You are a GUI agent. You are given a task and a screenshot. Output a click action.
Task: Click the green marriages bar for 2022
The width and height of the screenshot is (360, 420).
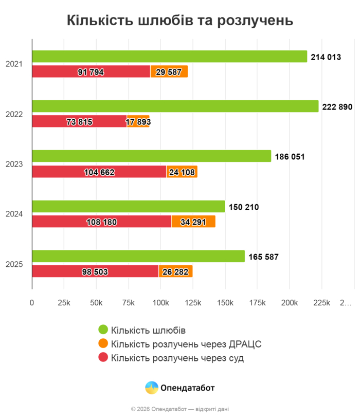click(175, 106)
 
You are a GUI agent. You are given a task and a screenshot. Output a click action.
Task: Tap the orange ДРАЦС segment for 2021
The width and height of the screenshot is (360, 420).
click(169, 72)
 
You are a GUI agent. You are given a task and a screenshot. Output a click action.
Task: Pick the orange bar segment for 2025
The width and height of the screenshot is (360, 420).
click(175, 271)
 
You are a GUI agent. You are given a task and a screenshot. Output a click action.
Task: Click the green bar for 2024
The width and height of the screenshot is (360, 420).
click(129, 207)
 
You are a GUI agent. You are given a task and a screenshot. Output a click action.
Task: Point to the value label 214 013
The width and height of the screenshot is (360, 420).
click(326, 57)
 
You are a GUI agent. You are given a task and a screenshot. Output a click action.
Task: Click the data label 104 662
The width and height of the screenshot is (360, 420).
click(99, 172)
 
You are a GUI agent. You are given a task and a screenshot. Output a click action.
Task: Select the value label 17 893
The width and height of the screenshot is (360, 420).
click(138, 122)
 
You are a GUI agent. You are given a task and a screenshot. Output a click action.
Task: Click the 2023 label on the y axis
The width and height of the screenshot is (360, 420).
click(14, 165)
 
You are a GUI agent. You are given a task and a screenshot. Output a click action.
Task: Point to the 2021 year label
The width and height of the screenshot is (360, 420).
click(14, 64)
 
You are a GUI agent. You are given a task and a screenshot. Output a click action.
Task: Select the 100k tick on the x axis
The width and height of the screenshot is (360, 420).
click(160, 303)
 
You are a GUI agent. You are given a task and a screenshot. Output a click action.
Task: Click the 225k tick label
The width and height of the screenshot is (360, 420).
click(321, 303)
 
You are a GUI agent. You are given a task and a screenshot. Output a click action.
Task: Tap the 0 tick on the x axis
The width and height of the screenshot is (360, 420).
click(32, 303)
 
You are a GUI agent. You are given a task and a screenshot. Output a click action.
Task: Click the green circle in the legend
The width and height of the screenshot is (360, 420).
click(103, 330)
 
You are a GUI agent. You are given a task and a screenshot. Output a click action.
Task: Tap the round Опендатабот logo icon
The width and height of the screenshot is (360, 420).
click(151, 388)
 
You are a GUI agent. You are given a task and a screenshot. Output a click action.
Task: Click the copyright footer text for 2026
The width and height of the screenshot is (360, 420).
click(180, 409)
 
